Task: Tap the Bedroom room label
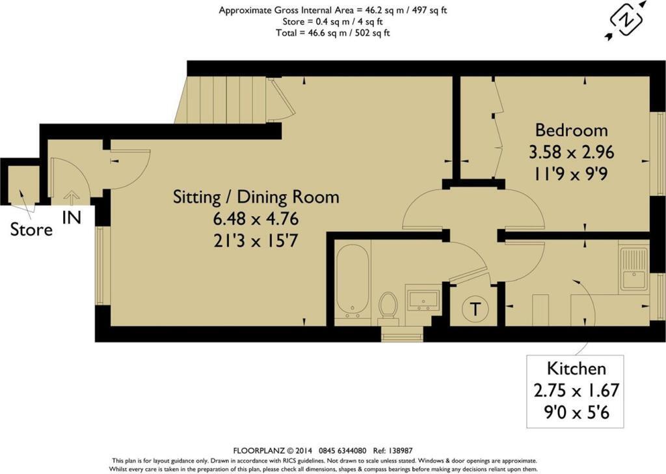pyautogui.click(x=571, y=129)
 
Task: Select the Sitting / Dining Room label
pyautogui.click(x=256, y=196)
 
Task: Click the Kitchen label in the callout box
pyautogui.click(x=576, y=369)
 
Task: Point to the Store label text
pyautogui.click(x=31, y=230)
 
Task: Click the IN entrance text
pyautogui.click(x=72, y=217)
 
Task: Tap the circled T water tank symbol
pyautogui.click(x=477, y=309)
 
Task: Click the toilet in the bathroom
pyautogui.click(x=388, y=306)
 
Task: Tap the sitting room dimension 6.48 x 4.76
pyautogui.click(x=256, y=219)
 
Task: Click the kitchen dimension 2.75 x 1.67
pyautogui.click(x=576, y=391)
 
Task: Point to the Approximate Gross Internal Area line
pyautogui.click(x=333, y=10)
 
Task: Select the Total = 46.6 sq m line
pyautogui.click(x=333, y=32)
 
